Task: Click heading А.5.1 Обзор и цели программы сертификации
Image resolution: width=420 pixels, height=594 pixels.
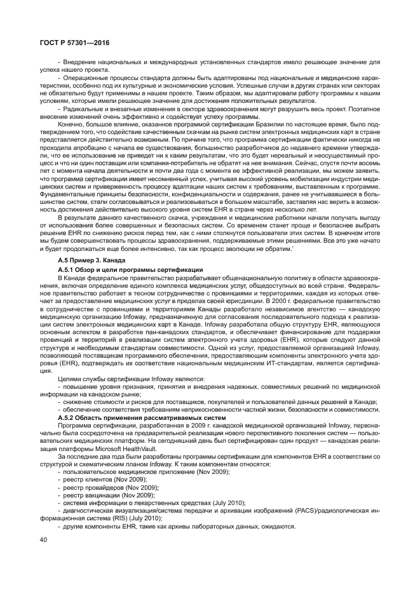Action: click(130, 269)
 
